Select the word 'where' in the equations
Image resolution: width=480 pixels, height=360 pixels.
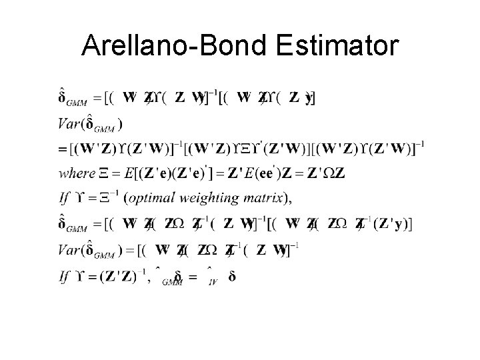coord(77,173)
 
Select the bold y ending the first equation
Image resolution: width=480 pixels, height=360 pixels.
coord(309,99)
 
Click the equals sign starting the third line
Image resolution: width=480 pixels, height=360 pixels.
coord(63,149)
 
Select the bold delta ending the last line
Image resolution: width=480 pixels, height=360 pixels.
coord(231,276)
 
